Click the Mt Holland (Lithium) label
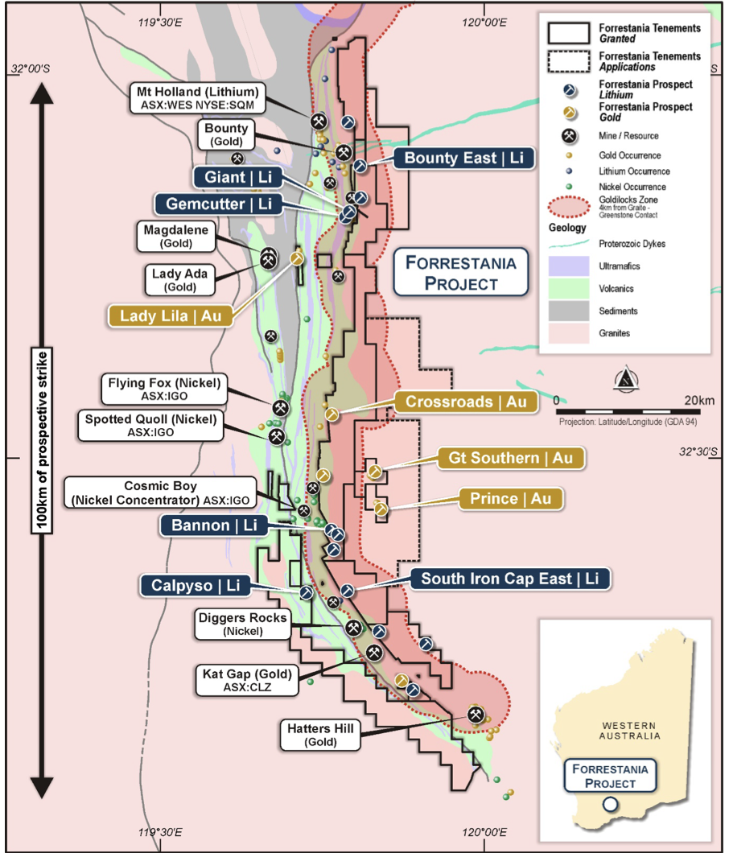point(197,98)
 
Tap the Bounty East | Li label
point(463,159)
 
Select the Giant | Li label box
point(238,177)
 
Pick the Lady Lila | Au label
point(171,316)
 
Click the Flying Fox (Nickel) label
point(164,389)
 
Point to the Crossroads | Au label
point(466,402)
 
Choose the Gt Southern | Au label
point(511,458)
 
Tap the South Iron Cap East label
point(510,579)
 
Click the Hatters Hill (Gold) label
point(320,735)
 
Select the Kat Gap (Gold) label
point(247,680)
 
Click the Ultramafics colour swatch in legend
point(569,266)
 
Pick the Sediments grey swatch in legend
point(569,311)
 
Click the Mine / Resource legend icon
point(569,135)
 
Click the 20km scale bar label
point(699,401)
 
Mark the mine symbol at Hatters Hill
point(476,715)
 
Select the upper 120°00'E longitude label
point(484,23)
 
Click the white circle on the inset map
point(611,804)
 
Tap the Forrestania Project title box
point(461,273)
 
